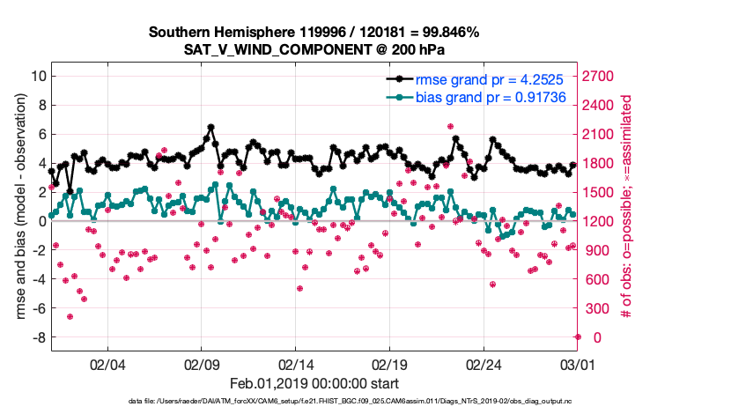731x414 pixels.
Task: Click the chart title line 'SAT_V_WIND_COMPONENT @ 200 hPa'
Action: tap(314, 50)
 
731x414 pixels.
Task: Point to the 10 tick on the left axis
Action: tap(38, 76)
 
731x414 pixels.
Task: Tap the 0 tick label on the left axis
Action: tap(41, 221)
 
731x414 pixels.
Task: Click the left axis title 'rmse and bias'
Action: tap(19, 206)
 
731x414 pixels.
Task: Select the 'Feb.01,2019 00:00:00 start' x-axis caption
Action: tap(314, 383)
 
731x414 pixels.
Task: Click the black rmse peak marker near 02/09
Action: tap(210, 128)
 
